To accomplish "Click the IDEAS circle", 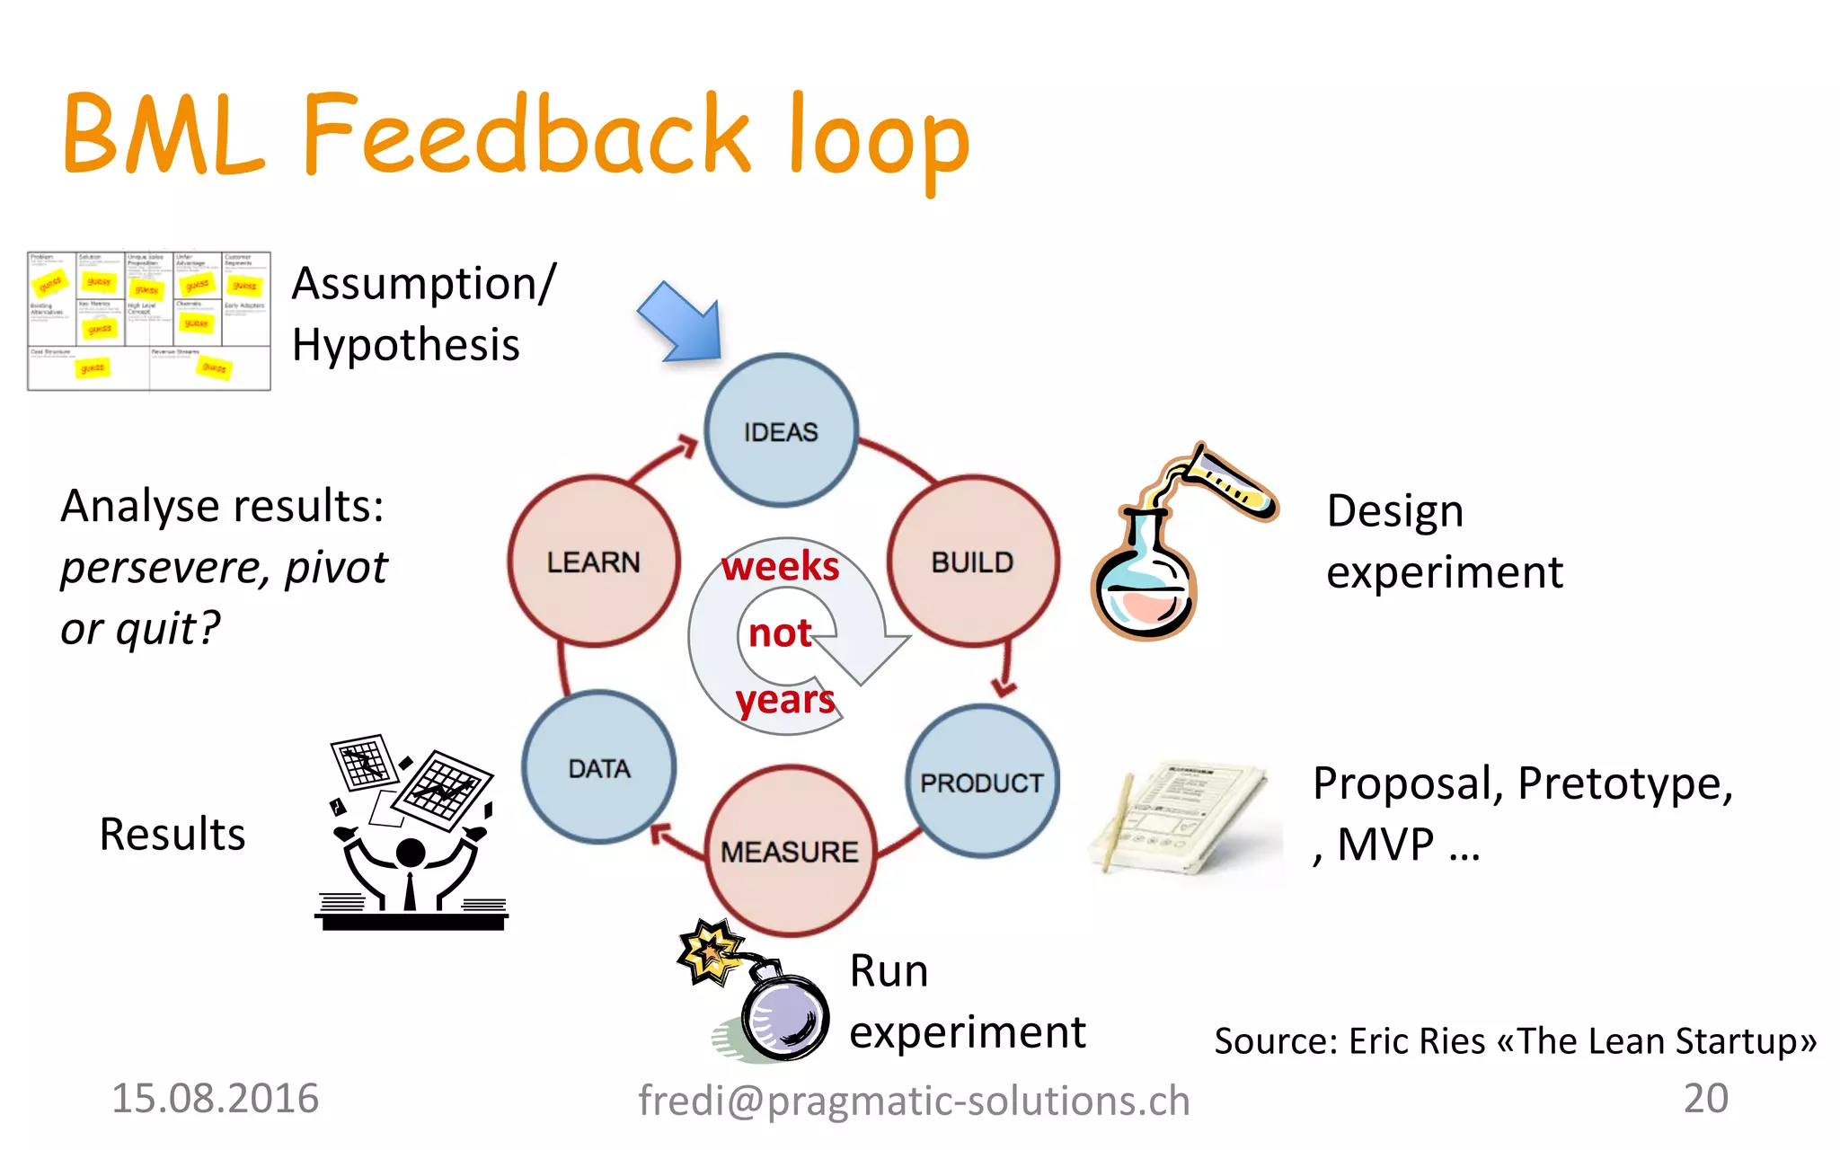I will click(x=781, y=431).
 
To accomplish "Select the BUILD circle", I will click(x=972, y=562).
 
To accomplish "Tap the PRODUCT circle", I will click(x=982, y=782).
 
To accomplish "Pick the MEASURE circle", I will click(x=790, y=851).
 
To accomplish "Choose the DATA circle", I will click(x=599, y=768).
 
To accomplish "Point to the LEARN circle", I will click(x=593, y=562).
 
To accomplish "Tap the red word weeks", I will click(x=780, y=566).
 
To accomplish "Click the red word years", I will click(x=784, y=700).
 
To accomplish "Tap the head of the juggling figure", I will click(x=411, y=852).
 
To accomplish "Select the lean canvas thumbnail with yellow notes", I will click(x=148, y=321).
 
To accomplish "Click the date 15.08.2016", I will click(x=215, y=1098).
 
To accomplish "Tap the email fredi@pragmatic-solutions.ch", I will click(x=914, y=1101).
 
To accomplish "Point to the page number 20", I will click(x=1705, y=1098).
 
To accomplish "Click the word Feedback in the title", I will click(x=526, y=135).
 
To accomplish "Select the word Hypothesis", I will click(x=406, y=345).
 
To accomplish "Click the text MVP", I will click(x=1385, y=845).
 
